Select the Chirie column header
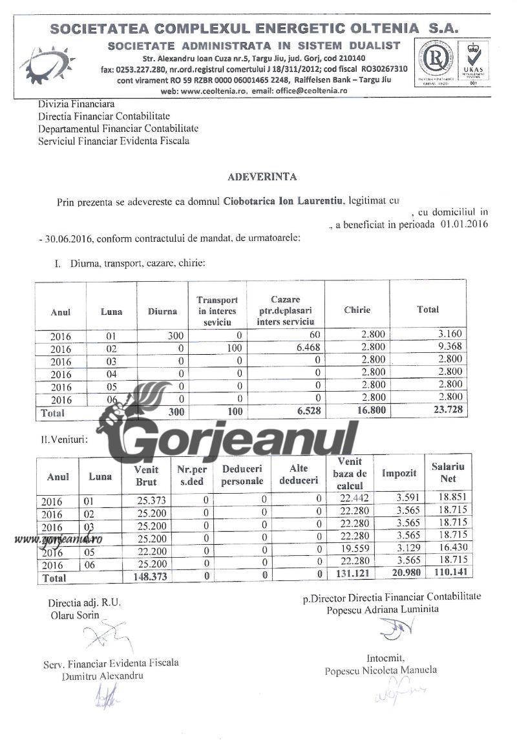click(357, 310)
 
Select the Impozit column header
click(398, 473)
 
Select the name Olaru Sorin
click(75, 615)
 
